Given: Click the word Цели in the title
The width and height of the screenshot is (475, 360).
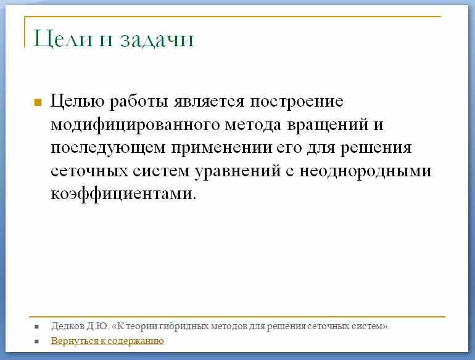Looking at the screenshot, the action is click(63, 39).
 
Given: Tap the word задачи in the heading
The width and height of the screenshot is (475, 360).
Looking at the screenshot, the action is click(157, 40).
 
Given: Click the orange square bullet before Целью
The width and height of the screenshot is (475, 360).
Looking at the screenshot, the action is click(38, 102).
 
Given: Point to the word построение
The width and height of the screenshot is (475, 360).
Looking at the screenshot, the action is click(297, 102).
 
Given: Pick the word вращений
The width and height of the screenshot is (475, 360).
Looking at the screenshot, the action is click(328, 125).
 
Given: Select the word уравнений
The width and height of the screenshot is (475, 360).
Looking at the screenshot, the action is click(238, 171).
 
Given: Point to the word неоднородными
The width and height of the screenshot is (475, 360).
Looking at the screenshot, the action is click(365, 171).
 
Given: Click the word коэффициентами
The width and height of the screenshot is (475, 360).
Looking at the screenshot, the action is click(123, 194).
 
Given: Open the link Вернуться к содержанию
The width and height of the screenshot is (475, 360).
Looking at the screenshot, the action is click(107, 341).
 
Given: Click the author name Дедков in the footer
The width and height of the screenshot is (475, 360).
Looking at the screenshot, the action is click(68, 326).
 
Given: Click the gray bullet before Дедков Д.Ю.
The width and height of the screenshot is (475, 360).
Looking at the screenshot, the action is click(37, 327).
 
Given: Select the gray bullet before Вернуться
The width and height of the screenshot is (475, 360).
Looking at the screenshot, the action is click(37, 342).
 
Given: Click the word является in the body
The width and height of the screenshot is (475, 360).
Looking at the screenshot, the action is click(209, 102).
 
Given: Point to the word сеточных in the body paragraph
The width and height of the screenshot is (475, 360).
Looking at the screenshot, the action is click(89, 171).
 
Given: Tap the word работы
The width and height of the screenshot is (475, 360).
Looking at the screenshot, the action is click(139, 101).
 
